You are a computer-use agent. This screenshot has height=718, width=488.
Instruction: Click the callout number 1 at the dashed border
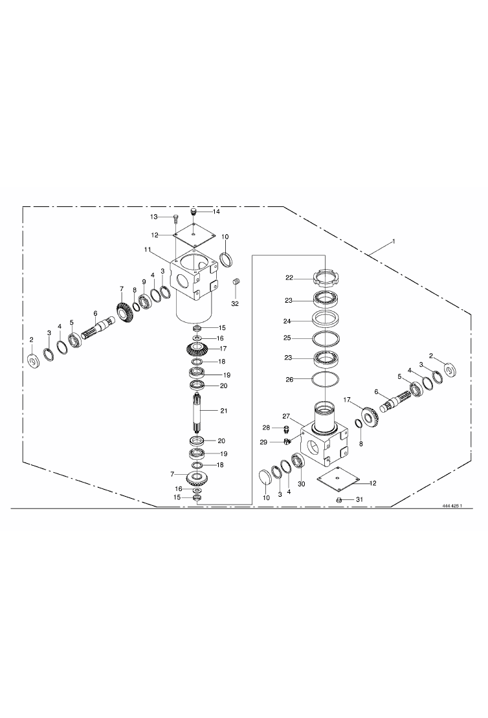(392, 241)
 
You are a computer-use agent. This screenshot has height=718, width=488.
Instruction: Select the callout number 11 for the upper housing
(147, 250)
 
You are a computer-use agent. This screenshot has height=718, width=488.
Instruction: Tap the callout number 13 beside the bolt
(154, 216)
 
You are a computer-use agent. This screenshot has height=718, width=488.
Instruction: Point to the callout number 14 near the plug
(216, 212)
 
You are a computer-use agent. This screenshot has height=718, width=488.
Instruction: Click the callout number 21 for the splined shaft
(223, 411)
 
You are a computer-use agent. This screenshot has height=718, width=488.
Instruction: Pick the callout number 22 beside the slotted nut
(289, 278)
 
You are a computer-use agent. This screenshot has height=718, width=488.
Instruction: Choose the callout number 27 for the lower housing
(286, 416)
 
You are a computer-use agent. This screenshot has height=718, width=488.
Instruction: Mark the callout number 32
(235, 303)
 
